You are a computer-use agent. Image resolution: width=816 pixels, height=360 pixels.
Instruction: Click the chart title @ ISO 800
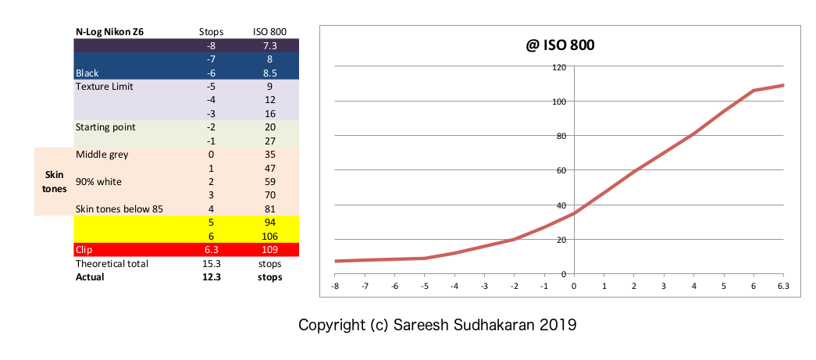click(x=560, y=45)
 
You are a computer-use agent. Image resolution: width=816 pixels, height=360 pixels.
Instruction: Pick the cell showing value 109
click(x=269, y=250)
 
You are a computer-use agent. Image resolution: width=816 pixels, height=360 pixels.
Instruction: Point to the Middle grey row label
click(x=102, y=155)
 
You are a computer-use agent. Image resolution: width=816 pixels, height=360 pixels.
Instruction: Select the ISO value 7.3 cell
click(x=269, y=45)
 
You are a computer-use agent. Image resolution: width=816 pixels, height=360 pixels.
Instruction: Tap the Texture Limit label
click(x=104, y=86)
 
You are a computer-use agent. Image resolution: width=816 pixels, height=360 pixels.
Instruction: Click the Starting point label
click(x=105, y=127)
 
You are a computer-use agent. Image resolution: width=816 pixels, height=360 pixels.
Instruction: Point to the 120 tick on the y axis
click(x=558, y=67)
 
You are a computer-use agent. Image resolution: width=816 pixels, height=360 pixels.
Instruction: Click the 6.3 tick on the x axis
click(x=783, y=286)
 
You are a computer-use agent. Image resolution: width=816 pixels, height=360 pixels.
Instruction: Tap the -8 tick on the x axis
click(x=335, y=286)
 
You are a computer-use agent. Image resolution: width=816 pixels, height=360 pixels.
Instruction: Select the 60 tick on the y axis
click(x=560, y=170)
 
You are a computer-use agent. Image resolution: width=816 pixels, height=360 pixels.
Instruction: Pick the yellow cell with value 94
click(x=269, y=223)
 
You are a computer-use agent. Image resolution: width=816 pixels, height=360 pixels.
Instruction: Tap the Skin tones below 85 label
click(x=114, y=209)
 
